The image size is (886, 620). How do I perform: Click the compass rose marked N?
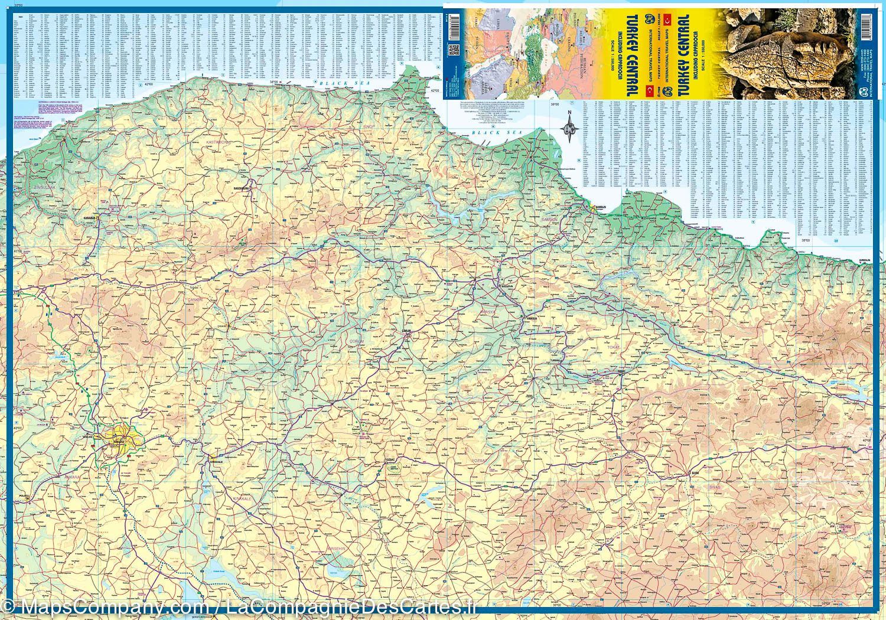569,126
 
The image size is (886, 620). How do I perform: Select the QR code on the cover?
454,50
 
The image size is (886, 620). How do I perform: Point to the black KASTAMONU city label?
242,187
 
